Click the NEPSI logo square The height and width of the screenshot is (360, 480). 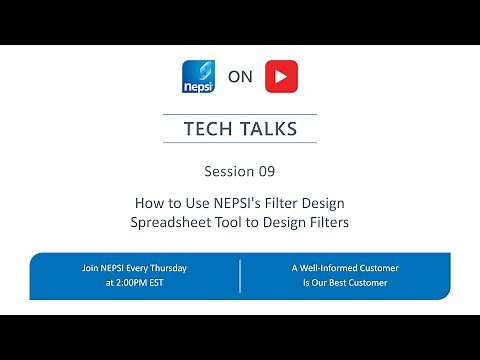click(x=198, y=77)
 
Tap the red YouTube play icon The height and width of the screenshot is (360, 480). click(x=280, y=77)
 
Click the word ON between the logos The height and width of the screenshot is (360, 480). click(x=239, y=77)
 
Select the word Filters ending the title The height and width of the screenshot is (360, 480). click(x=328, y=222)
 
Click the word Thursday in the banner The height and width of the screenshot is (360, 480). click(x=167, y=268)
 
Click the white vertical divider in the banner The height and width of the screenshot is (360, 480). click(x=240, y=275)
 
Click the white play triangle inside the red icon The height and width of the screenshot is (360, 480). click(x=281, y=77)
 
